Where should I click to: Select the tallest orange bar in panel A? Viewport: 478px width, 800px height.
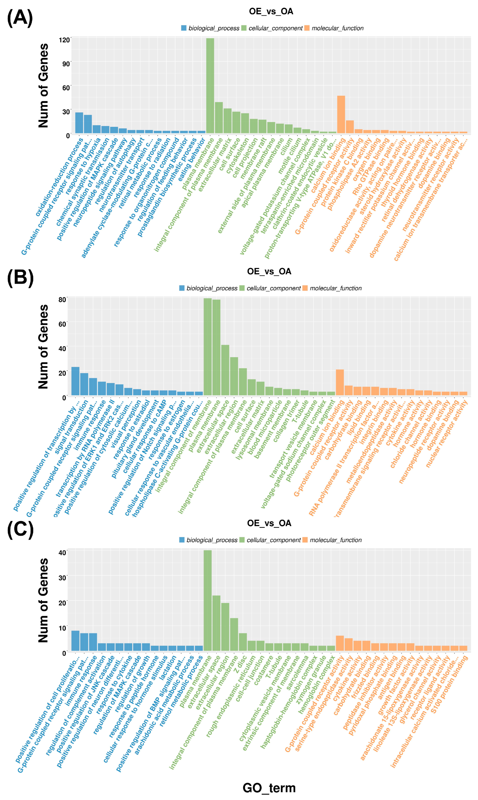click(341, 114)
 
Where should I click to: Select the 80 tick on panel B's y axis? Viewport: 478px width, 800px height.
click(62, 300)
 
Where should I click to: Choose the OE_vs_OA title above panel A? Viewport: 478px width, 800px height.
click(271, 12)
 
